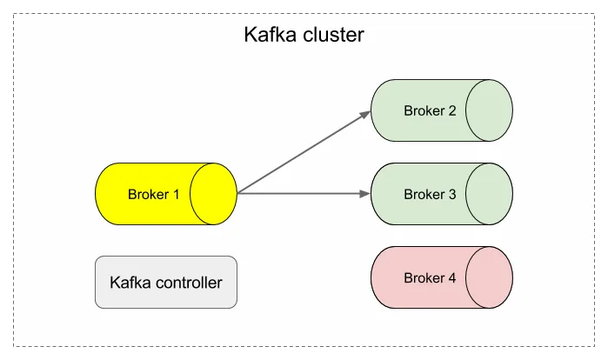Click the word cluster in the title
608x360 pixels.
[x=332, y=37]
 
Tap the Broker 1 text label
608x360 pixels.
[x=153, y=194]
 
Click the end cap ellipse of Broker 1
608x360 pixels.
[x=214, y=194]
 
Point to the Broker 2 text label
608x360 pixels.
[x=430, y=110]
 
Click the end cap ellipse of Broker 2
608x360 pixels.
[x=489, y=110]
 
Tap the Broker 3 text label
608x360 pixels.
[x=430, y=194]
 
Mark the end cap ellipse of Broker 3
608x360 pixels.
[x=489, y=194]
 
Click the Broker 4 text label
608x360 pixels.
[x=430, y=278]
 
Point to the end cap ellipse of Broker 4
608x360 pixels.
[x=489, y=278]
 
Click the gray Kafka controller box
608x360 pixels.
[x=165, y=282]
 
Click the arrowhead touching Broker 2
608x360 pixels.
[x=365, y=114]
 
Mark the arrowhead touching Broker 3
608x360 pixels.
[x=365, y=194]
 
